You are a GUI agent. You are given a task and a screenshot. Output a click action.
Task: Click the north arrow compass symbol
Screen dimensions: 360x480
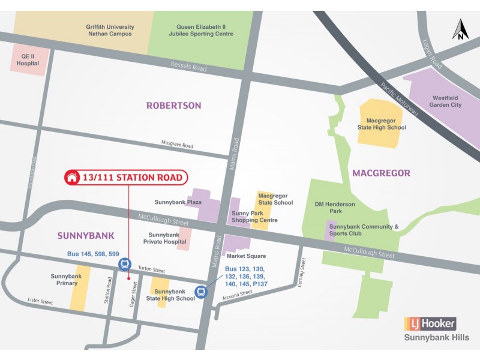pyautogui.click(x=460, y=29)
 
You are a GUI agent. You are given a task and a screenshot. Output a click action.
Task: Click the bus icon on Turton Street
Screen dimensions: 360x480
pyautogui.click(x=125, y=264)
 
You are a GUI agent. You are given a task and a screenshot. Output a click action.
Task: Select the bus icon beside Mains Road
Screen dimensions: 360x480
pyautogui.click(x=202, y=292)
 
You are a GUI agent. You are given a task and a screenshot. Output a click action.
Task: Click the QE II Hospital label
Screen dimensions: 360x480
pyautogui.click(x=28, y=59)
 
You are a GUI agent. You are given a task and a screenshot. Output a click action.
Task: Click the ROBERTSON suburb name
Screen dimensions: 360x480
pyautogui.click(x=173, y=106)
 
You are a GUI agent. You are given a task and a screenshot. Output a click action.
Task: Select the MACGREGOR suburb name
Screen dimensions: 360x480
pyautogui.click(x=381, y=173)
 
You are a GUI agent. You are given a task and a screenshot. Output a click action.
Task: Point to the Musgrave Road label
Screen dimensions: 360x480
pyautogui.click(x=177, y=145)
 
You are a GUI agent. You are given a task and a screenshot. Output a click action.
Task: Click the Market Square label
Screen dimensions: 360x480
pyautogui.click(x=246, y=256)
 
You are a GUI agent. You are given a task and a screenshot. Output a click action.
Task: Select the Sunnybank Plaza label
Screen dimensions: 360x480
pyautogui.click(x=170, y=202)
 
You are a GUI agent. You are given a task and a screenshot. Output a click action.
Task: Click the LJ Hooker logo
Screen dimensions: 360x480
pyautogui.click(x=430, y=324)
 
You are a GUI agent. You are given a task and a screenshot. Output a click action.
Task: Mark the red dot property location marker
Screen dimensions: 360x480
pyautogui.click(x=128, y=278)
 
